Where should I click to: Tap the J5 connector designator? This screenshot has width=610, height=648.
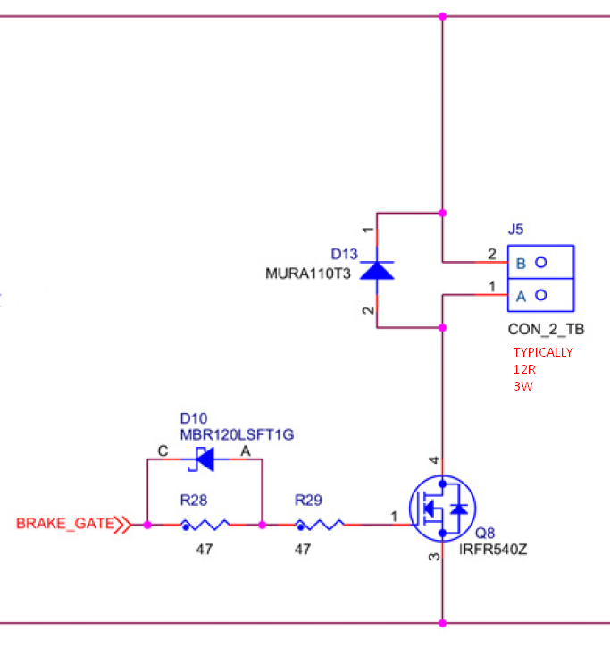[x=516, y=230]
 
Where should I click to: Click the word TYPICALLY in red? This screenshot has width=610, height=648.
[x=543, y=352]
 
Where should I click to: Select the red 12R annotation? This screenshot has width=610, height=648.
[x=523, y=369]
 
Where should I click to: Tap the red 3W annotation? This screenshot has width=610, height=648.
[x=522, y=386]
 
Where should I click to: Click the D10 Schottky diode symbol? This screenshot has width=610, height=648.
[x=205, y=459]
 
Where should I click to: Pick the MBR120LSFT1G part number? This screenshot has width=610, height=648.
[x=237, y=434]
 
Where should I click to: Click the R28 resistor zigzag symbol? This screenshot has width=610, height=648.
[x=205, y=526]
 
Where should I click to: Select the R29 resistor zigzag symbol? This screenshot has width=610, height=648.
[x=321, y=526]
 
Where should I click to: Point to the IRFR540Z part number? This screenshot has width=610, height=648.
[x=494, y=549]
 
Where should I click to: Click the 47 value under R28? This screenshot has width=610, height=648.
[x=205, y=549]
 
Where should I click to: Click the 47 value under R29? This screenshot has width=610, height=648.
[x=303, y=549]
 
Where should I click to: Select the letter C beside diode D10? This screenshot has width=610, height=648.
[x=163, y=452]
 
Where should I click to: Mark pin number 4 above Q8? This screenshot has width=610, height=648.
[x=435, y=461]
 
